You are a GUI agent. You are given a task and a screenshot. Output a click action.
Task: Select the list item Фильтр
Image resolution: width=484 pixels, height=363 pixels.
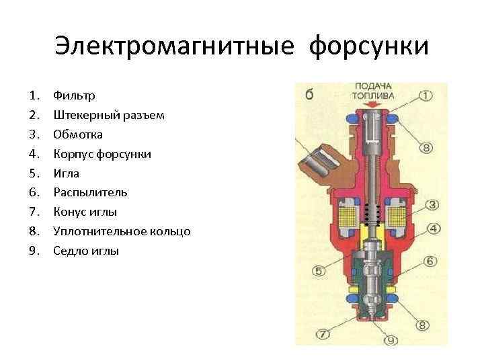pos(75,96)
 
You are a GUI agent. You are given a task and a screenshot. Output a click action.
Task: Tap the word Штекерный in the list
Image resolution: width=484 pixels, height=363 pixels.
pos(83,116)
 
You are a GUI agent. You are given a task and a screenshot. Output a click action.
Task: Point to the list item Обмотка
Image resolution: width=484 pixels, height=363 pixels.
pos(79,134)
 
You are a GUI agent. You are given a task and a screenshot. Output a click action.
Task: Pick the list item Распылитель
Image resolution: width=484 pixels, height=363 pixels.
pos(90,192)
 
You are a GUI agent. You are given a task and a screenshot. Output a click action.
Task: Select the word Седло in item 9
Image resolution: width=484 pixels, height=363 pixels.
pos(70,251)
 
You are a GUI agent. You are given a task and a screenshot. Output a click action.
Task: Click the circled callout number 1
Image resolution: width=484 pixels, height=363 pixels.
pos(426,95)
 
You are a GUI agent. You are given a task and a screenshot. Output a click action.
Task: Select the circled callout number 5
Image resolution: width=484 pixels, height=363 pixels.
pos(319,271)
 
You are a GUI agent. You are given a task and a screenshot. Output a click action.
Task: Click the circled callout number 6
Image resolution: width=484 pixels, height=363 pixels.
pos(430,261)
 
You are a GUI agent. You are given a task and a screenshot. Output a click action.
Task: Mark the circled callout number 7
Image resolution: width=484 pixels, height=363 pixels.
pos(323,333)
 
